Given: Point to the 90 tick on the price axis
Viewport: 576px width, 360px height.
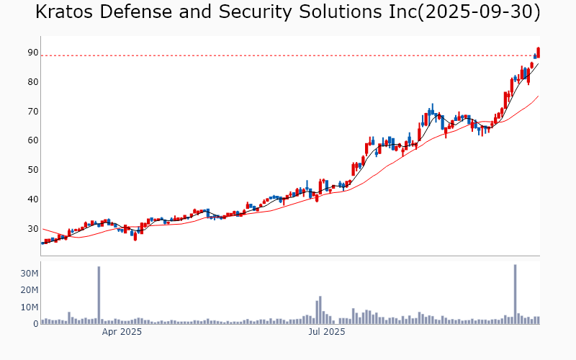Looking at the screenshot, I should click(33, 53).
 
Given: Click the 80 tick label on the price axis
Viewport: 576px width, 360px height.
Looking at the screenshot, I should click(33, 82).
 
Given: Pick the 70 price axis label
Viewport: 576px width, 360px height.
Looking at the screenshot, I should click(33, 112).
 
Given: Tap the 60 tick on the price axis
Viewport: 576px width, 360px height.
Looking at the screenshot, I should click(33, 140).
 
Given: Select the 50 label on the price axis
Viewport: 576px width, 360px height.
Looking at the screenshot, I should click(33, 170).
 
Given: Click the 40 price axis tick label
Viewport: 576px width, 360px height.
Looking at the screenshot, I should click(33, 199).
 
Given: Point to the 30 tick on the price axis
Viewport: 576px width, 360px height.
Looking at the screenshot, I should click(33, 229).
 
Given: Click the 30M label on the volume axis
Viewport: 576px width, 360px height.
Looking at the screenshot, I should click(30, 274).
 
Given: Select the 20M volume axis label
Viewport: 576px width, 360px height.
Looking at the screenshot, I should click(30, 290).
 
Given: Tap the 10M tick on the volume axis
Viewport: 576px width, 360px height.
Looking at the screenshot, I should click(30, 307).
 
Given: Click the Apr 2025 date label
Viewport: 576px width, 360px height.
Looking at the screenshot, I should click(122, 333).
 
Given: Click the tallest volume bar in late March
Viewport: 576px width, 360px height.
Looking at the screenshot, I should click(99, 295).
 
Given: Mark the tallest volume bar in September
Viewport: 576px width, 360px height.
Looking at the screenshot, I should click(516, 294).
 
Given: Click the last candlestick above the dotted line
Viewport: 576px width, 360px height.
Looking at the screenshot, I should click(538, 52).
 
